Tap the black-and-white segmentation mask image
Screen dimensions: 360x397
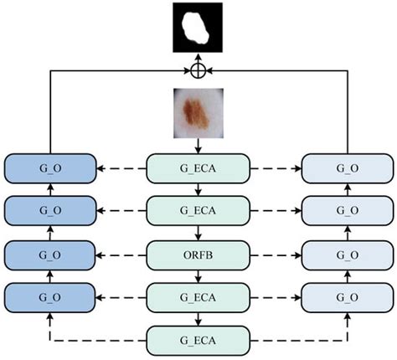coord(198,28)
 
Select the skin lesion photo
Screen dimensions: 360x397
coord(198,114)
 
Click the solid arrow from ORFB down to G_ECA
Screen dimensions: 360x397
coord(198,274)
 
